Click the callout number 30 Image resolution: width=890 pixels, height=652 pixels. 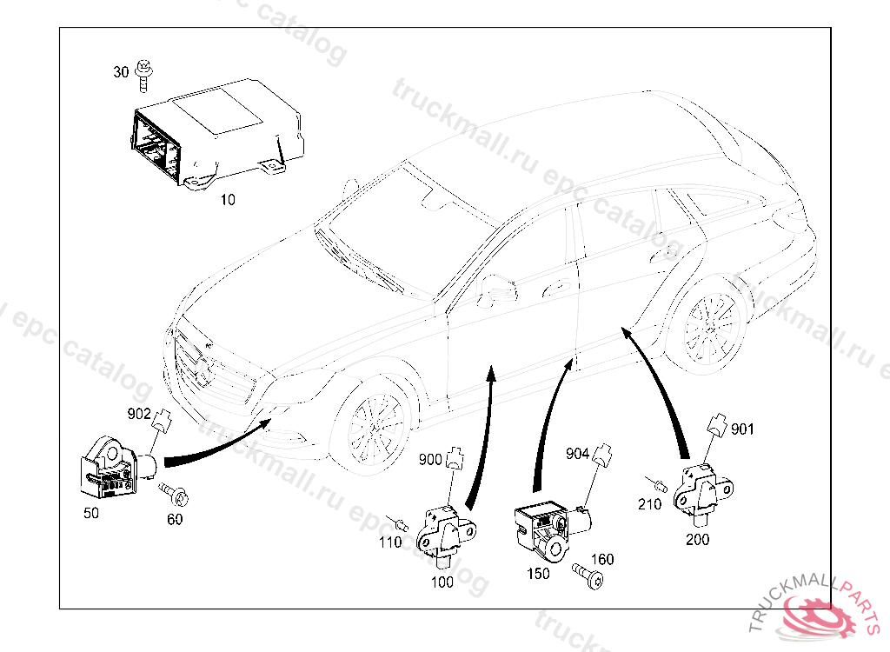coord(121,72)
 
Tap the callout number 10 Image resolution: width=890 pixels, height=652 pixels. coord(227,200)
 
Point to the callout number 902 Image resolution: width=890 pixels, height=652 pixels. coord(139,415)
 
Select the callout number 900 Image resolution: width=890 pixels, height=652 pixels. coord(430,459)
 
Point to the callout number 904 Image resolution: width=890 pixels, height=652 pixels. coord(578,453)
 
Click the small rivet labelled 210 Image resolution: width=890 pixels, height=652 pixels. coord(659,482)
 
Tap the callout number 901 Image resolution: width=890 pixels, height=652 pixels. coord(742,429)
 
